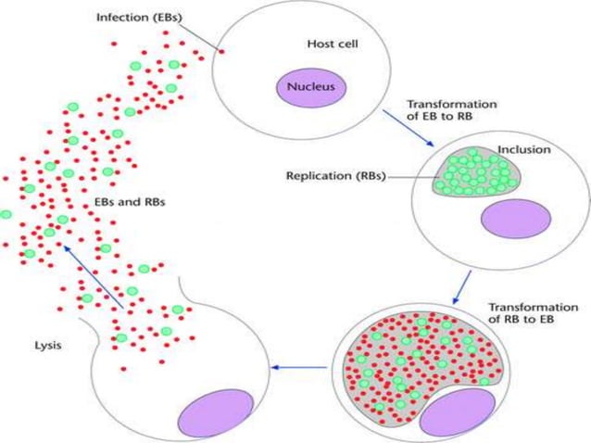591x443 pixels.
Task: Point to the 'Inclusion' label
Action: (523, 148)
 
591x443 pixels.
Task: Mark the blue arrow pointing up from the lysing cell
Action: (93, 277)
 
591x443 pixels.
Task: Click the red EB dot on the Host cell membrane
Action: (221, 52)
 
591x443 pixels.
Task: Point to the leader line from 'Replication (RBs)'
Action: (412, 176)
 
